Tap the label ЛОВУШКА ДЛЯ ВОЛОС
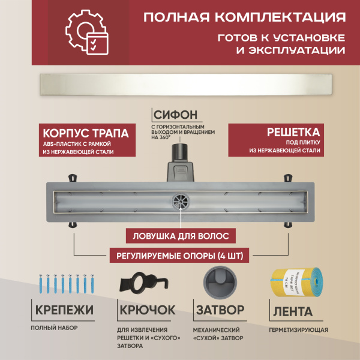(x=180, y=236)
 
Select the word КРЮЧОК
(x=148, y=311)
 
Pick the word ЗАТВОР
(x=220, y=311)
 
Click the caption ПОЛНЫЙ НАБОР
(x=55, y=329)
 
